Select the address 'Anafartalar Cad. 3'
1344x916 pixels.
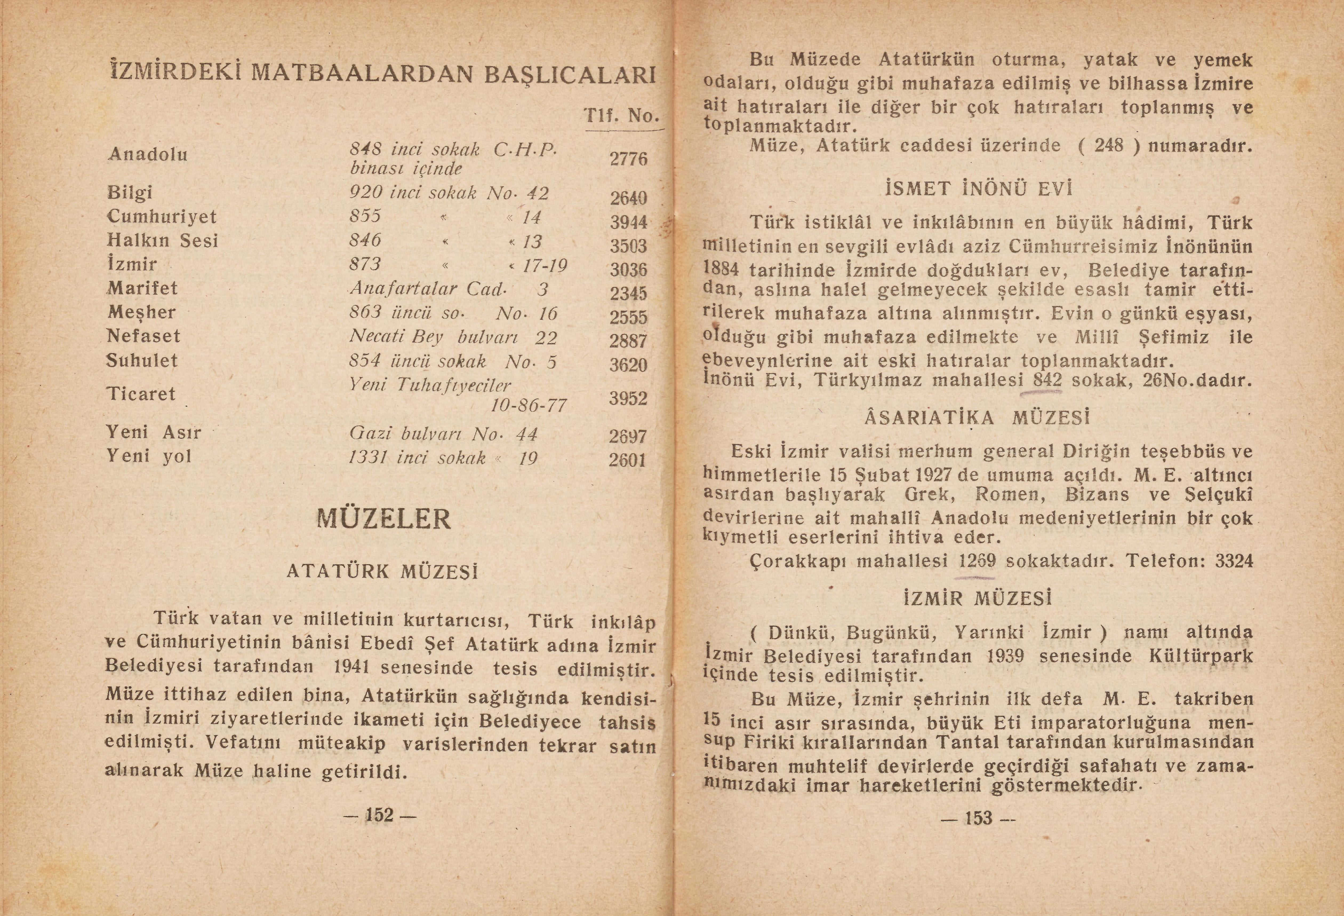click(448, 288)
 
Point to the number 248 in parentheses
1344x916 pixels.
click(1109, 145)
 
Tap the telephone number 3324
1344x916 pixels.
click(1234, 561)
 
